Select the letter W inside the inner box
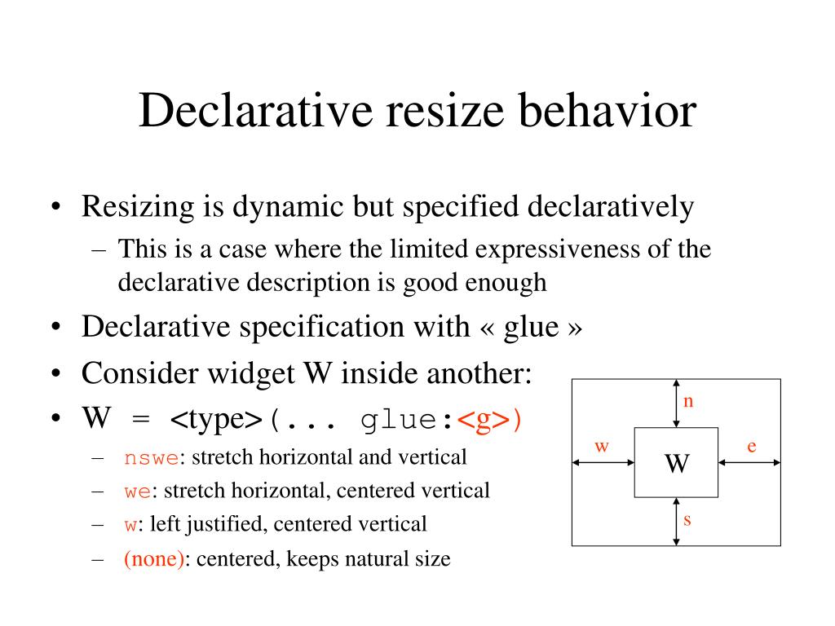676,463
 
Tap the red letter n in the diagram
687,402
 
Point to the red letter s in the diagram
687,518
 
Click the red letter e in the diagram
752,446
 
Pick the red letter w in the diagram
602,446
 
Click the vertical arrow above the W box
677,403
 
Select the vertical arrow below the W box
677,522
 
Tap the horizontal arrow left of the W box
603,462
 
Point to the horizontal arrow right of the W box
749,462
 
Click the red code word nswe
151,457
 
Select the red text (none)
154,560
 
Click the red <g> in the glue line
483,421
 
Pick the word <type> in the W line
216,421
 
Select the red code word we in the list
134,492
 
